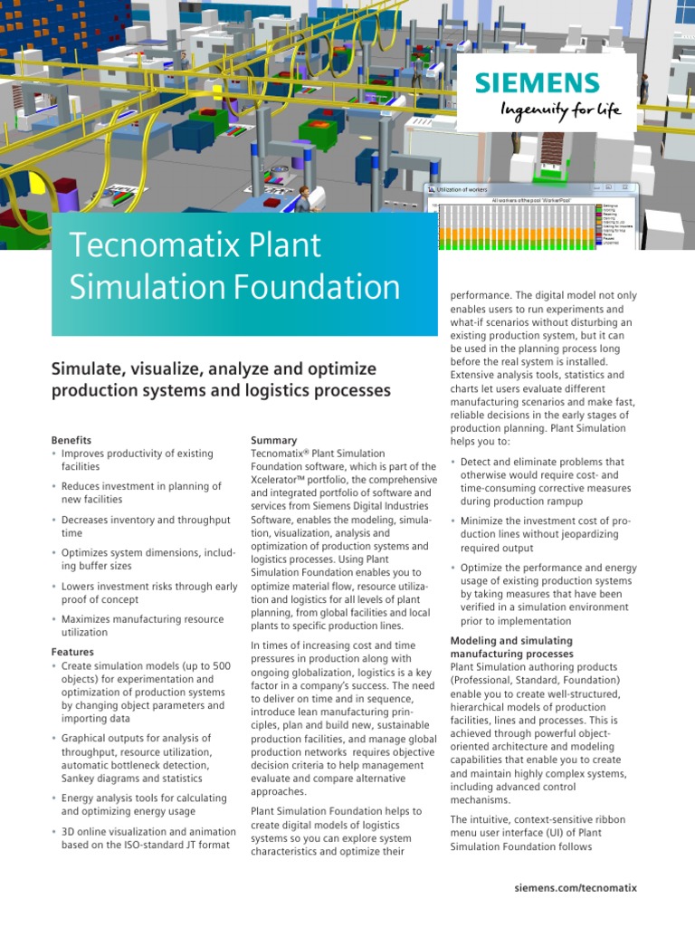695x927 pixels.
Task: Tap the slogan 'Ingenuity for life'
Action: (x=561, y=110)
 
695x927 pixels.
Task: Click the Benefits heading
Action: (x=71, y=440)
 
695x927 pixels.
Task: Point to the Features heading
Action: (x=72, y=652)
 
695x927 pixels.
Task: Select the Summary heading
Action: (x=273, y=440)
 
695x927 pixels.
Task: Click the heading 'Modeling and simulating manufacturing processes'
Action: (x=511, y=647)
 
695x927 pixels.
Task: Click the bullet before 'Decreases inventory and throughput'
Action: (x=54, y=521)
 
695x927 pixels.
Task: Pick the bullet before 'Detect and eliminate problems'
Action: (x=453, y=463)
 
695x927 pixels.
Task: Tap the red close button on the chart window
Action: (x=630, y=189)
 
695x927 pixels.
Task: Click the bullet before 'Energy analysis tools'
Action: (x=54, y=798)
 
